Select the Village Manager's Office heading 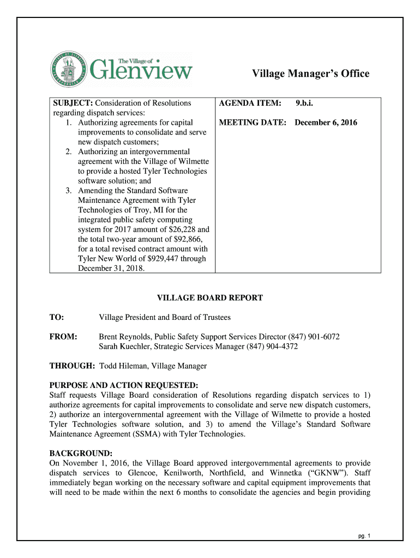click(310, 74)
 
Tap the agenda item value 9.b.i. click(304, 103)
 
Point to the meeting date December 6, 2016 click(326, 123)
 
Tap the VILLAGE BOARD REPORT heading click(210, 298)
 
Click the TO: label click(57, 317)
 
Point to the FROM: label click(63, 337)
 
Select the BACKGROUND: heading click(81, 453)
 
